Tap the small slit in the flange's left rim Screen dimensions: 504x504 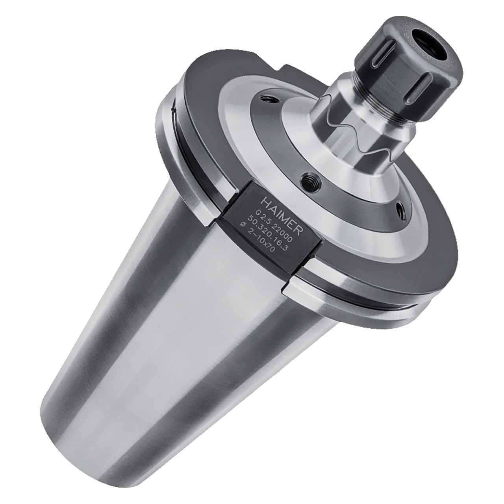point(172,106)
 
